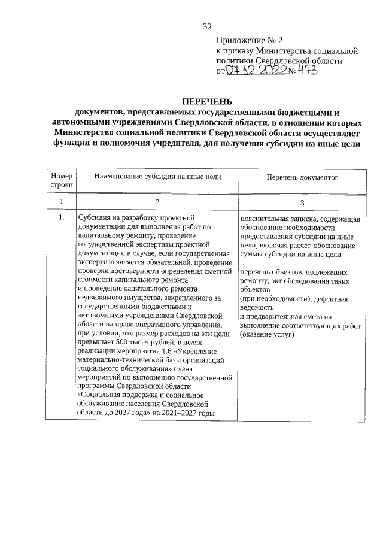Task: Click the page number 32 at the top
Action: pos(208,26)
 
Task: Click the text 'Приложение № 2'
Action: pos(249,40)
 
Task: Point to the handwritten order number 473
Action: pos(311,71)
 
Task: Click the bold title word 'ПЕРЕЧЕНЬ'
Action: pos(207,102)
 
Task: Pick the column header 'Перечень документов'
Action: pos(302,178)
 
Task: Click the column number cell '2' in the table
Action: pos(157,202)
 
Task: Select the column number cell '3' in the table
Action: pos(302,202)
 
